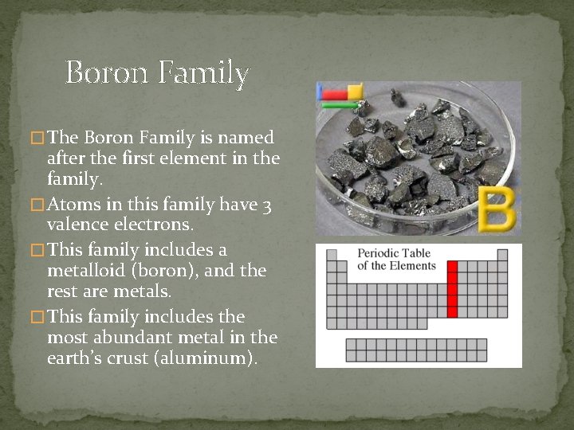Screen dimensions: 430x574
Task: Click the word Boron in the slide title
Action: pos(107,72)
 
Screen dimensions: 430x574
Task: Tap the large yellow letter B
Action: pos(498,209)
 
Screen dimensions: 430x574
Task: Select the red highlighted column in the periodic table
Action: pos(452,289)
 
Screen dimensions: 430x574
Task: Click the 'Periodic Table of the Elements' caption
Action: pos(396,260)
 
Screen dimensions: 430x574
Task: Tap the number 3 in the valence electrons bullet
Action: pos(267,206)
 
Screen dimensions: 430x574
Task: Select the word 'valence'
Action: pos(81,225)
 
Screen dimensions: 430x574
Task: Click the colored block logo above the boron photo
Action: pos(340,95)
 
